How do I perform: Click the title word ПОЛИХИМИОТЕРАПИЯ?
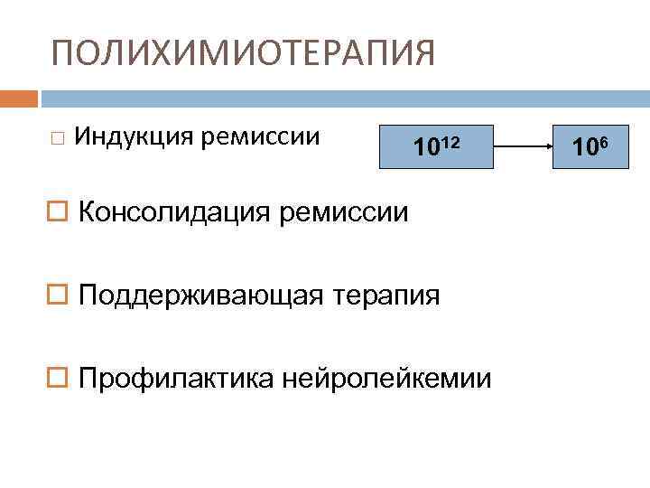(x=243, y=53)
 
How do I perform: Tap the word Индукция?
(x=135, y=136)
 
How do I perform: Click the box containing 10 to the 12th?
(x=436, y=145)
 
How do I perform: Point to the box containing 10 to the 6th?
(x=592, y=145)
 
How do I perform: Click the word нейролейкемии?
(x=388, y=378)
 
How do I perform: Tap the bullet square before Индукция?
(x=58, y=138)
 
